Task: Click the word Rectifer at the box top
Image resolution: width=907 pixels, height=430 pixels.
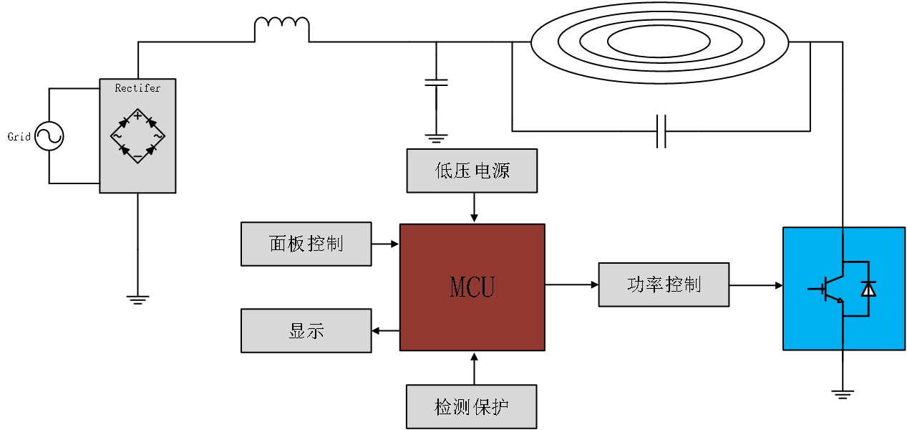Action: [x=137, y=88]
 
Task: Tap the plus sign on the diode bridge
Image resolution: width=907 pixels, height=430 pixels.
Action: [x=137, y=115]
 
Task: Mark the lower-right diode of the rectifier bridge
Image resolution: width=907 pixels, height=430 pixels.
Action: [x=150, y=149]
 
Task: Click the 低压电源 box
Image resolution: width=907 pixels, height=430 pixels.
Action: [x=472, y=171]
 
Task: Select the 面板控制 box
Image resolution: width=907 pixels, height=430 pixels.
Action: [x=306, y=244]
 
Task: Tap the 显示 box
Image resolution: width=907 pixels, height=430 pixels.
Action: [x=306, y=330]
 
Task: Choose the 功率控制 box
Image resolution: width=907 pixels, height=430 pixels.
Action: [x=664, y=285]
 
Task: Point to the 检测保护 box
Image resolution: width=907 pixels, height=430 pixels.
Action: [x=471, y=407]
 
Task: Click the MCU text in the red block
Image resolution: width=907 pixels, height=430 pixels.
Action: [x=472, y=287]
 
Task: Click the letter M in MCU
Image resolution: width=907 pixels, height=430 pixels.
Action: [x=458, y=287]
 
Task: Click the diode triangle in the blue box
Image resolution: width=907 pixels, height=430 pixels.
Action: [x=868, y=288]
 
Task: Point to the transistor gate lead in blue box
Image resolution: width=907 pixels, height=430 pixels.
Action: [x=815, y=289]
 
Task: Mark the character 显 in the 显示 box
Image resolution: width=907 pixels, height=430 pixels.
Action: [x=297, y=330]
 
